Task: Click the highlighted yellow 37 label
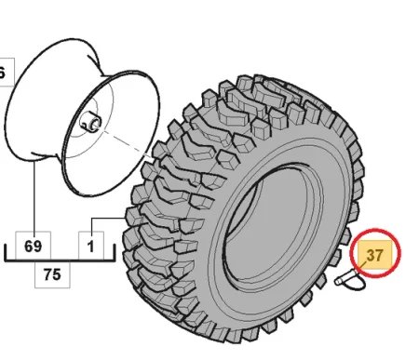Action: coord(375,254)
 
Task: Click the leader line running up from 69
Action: coord(34,195)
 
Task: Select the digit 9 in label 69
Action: coord(39,247)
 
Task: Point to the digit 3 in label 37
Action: coord(371,254)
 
